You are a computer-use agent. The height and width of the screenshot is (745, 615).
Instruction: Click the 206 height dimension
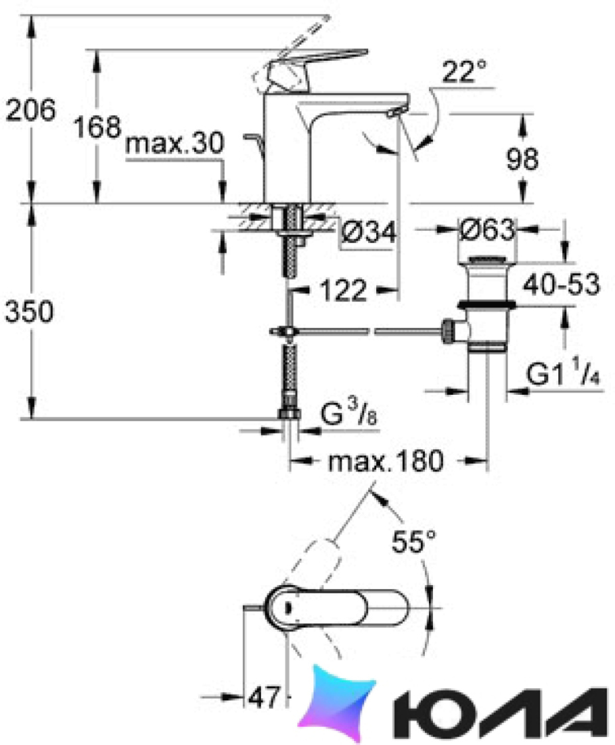[x=30, y=110]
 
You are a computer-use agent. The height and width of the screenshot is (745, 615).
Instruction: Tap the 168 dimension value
[x=97, y=127]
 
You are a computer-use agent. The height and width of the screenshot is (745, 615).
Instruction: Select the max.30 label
[x=175, y=142]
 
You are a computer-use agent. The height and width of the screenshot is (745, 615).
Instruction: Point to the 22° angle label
[x=465, y=72]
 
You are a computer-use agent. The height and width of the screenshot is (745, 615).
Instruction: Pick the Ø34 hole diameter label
[x=369, y=232]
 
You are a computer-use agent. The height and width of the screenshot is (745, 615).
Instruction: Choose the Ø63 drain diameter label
[x=487, y=230]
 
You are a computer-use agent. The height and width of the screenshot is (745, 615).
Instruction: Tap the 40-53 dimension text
[x=562, y=284]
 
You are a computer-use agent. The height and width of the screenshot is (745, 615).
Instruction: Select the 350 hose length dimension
[x=29, y=312]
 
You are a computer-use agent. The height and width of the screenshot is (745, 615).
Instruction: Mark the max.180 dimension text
[x=386, y=461]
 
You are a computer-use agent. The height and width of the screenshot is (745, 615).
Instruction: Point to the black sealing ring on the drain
[x=486, y=305]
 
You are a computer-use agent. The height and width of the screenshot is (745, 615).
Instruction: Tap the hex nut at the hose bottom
[x=289, y=413]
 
